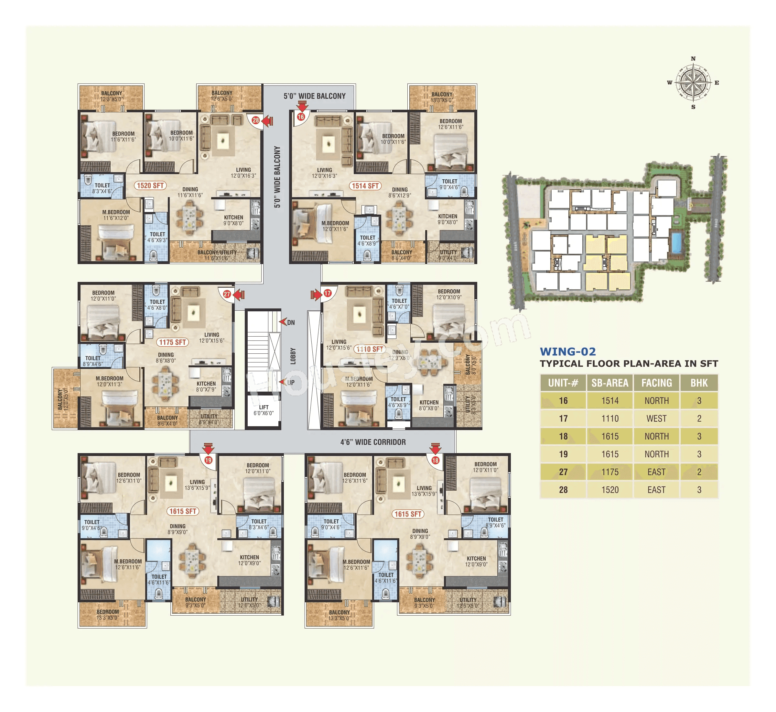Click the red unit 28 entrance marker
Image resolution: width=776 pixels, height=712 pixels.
pyautogui.click(x=255, y=120)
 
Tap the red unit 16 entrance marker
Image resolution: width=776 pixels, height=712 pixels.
pyautogui.click(x=301, y=117)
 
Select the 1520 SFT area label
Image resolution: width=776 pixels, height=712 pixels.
pyautogui.click(x=150, y=185)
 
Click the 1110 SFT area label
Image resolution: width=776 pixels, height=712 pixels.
pyautogui.click(x=370, y=349)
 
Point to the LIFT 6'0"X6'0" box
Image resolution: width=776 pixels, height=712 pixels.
pyautogui.click(x=264, y=410)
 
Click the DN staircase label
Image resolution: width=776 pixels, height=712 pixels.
pyautogui.click(x=291, y=322)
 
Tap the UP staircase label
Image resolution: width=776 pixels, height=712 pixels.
pyautogui.click(x=291, y=383)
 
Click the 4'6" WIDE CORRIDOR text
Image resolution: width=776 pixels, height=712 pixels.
pyautogui.click(x=372, y=442)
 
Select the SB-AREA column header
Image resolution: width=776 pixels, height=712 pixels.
pyautogui.click(x=610, y=383)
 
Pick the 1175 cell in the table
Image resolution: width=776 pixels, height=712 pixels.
pyautogui.click(x=610, y=472)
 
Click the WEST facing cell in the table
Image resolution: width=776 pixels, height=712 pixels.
pyautogui.click(x=656, y=418)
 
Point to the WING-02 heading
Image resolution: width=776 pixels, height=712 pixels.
pyautogui.click(x=567, y=351)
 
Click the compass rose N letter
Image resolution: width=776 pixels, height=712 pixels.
pyautogui.click(x=693, y=59)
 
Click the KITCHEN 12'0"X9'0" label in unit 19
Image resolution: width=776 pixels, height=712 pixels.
pyautogui.click(x=249, y=560)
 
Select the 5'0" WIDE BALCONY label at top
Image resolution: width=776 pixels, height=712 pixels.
pyautogui.click(x=315, y=96)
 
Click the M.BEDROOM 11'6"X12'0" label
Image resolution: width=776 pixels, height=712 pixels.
pyautogui.click(x=116, y=215)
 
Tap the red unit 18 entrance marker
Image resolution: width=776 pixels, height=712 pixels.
pyautogui.click(x=435, y=460)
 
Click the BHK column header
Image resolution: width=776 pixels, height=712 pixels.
pyautogui.click(x=699, y=383)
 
